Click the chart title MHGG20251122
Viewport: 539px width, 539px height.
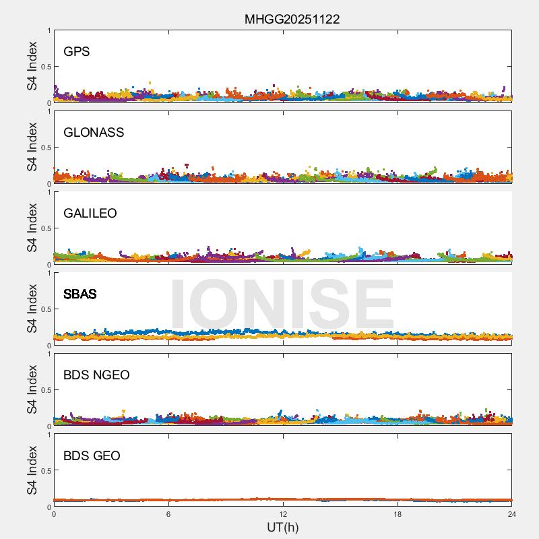tap(292, 19)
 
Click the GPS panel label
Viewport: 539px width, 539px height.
tap(77, 52)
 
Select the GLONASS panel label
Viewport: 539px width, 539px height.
tap(94, 133)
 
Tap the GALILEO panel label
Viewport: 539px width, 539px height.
tap(90, 214)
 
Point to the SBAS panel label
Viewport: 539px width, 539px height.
tap(80, 294)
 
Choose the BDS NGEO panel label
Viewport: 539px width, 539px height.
tap(96, 375)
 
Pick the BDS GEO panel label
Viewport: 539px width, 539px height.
tap(92, 456)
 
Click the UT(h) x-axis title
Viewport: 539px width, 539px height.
tap(282, 527)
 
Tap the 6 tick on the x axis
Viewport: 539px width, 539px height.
tap(168, 514)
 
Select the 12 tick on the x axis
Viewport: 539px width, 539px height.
tap(283, 514)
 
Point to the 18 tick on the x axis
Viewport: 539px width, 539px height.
tap(398, 514)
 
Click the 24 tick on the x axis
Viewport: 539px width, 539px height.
tap(512, 514)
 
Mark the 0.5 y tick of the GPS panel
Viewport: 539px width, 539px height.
tap(44, 67)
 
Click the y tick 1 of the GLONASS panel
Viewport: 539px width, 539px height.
tap(49, 112)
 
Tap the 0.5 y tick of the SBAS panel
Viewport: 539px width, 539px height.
tap(44, 309)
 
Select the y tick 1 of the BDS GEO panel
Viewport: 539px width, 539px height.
tap(49, 435)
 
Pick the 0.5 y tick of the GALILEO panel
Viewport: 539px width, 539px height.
tap(44, 228)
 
